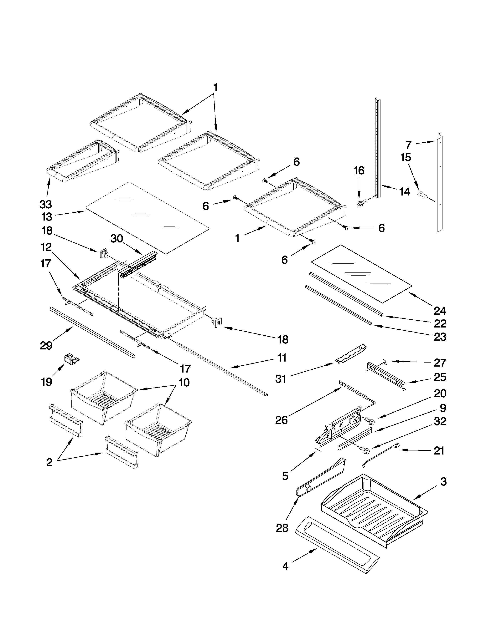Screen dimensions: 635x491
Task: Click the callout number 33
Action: pos(46,204)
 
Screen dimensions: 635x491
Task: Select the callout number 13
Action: pos(47,217)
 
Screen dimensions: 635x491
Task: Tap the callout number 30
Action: pos(117,239)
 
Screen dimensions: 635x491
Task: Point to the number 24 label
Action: pos(440,311)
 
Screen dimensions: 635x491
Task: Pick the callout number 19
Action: pos(47,382)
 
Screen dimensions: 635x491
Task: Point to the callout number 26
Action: pos(281,420)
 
